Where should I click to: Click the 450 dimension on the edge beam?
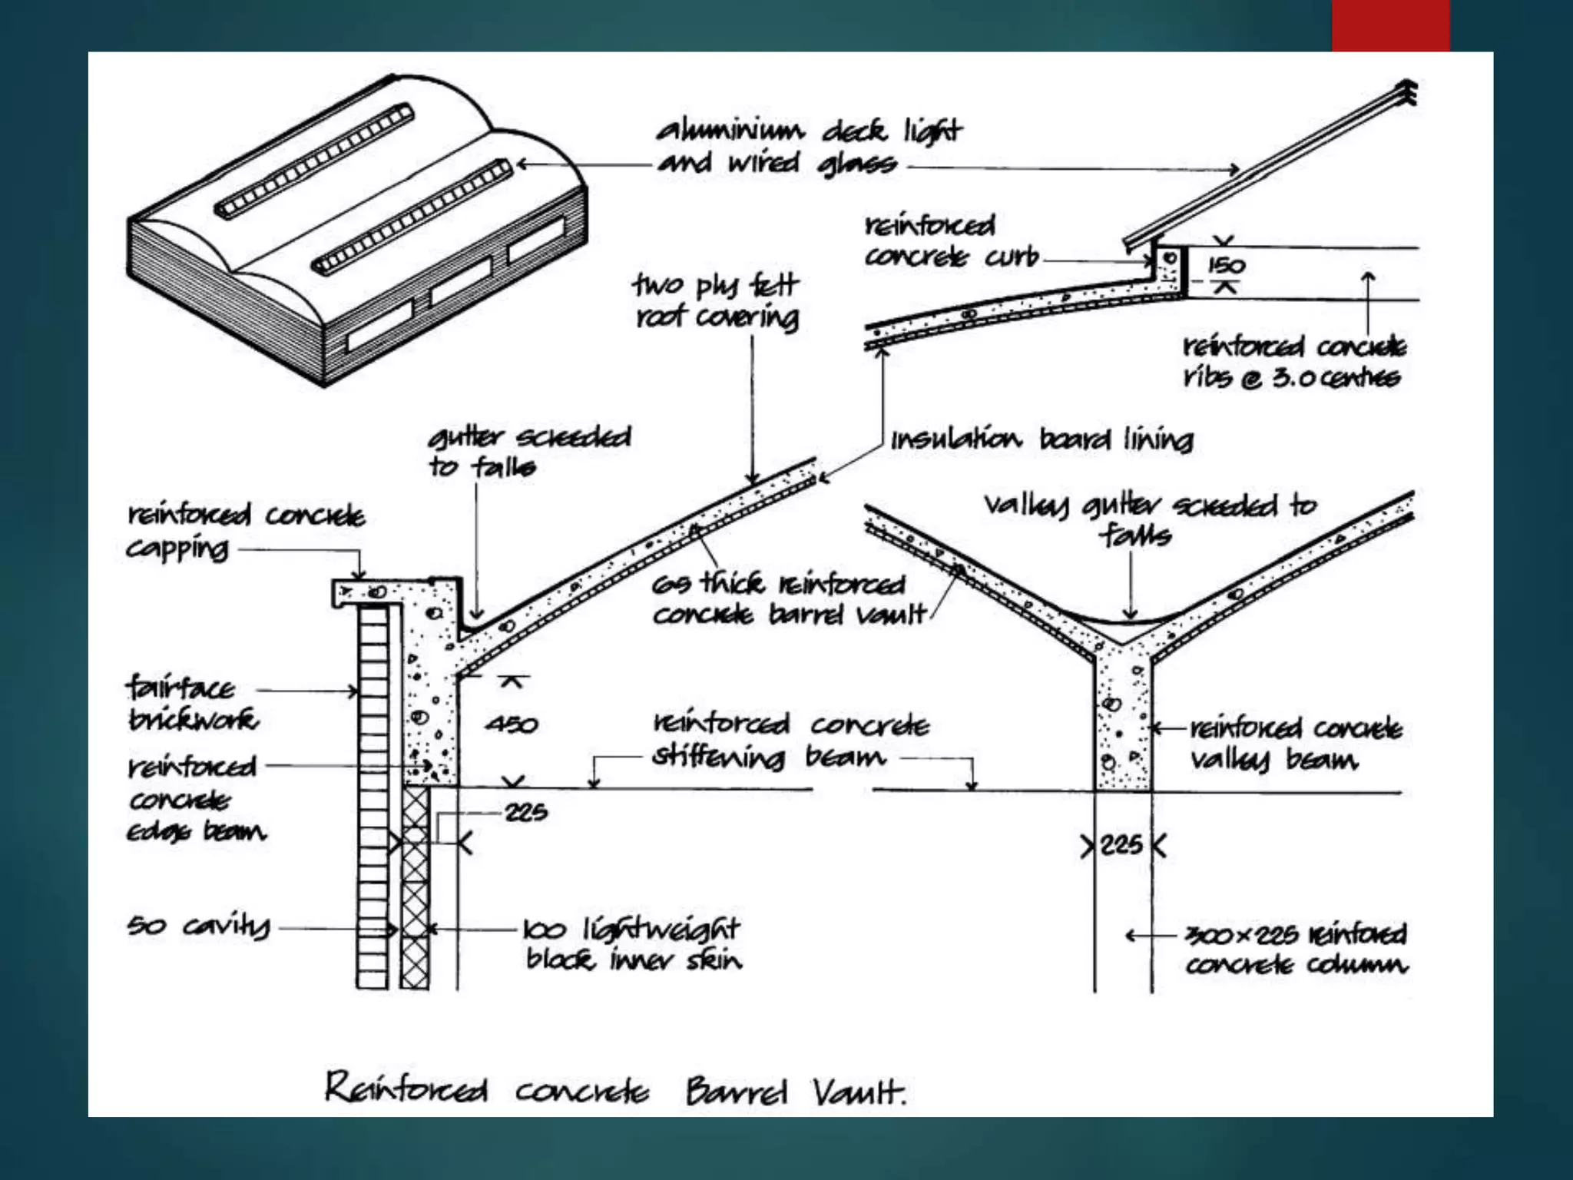click(x=512, y=724)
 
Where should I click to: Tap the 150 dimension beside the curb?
click(x=1226, y=266)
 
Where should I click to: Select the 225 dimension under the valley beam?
click(x=1121, y=846)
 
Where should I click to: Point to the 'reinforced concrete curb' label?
click(x=950, y=241)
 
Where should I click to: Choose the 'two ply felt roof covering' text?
click(x=717, y=301)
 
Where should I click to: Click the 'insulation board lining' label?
click(x=1041, y=440)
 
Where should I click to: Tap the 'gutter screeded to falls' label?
click(x=528, y=452)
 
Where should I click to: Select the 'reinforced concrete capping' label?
click(x=244, y=531)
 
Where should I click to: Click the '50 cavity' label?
click(x=198, y=926)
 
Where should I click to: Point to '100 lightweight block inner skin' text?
click(x=631, y=945)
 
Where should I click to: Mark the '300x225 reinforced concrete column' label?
click(x=1296, y=950)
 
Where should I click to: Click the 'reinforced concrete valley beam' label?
click(x=1296, y=744)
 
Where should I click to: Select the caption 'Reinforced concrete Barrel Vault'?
click(x=614, y=1090)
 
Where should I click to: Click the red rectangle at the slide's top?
click(x=1390, y=25)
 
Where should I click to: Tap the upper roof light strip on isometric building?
click(x=315, y=161)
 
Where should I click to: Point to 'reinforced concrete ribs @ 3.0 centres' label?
click(x=1293, y=362)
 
